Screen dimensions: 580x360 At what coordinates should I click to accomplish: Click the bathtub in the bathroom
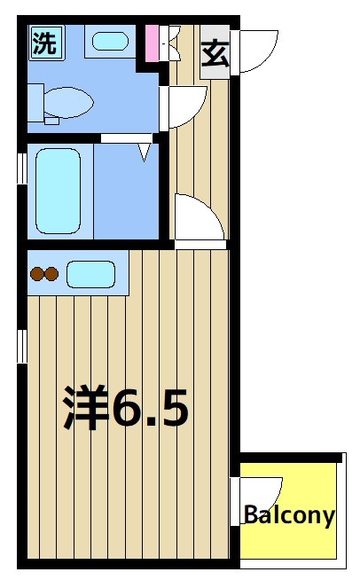(x=58, y=190)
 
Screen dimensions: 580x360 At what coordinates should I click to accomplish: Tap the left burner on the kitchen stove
(x=37, y=274)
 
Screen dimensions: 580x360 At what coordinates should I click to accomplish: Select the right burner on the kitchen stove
(x=52, y=274)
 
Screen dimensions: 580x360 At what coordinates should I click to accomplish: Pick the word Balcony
(x=289, y=514)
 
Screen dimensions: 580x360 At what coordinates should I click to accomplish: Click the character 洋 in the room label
(x=84, y=407)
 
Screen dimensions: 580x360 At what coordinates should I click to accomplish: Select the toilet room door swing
(x=181, y=109)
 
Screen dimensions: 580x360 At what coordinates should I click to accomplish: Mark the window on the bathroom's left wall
(x=21, y=169)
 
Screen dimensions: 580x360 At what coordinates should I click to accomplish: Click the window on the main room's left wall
(x=21, y=346)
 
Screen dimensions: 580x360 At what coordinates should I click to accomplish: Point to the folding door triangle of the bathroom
(x=145, y=153)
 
